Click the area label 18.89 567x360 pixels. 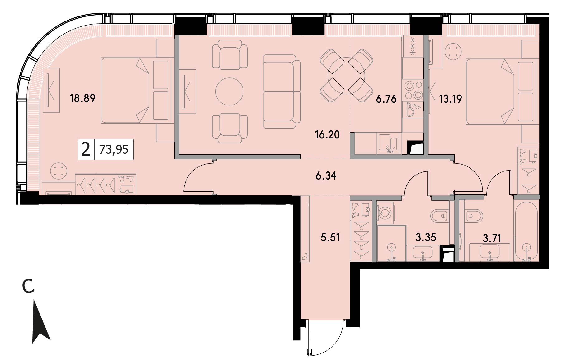click(83, 98)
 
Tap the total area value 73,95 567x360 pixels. click(114, 150)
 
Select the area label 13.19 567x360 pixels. click(450, 99)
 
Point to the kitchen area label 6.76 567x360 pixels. click(386, 99)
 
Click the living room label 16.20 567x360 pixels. click(327, 135)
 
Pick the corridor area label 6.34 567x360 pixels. click(326, 176)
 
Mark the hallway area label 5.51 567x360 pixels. click(330, 237)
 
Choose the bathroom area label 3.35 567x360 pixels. click(426, 237)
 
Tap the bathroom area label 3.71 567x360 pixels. click(492, 239)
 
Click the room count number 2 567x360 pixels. click(86, 150)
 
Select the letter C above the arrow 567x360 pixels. click(28, 287)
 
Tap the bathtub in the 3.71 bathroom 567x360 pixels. click(527, 230)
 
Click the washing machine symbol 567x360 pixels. click(385, 213)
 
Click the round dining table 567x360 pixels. click(347, 76)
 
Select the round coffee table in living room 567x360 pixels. click(229, 91)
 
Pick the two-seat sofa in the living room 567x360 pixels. click(282, 91)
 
